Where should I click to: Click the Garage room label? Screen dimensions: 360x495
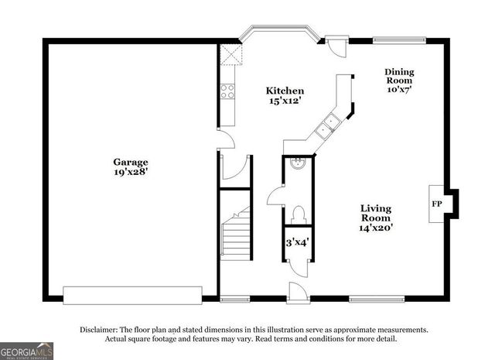tap(132, 162)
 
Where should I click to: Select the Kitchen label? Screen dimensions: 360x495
tap(285, 91)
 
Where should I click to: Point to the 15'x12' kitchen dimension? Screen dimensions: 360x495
tap(285, 101)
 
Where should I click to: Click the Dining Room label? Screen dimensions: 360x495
tap(400, 76)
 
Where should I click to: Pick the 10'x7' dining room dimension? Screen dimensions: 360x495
tap(400, 90)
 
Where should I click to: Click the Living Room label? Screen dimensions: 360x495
tap(377, 213)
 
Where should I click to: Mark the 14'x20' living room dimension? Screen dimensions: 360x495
tap(377, 228)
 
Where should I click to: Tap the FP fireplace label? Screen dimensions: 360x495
tap(436, 204)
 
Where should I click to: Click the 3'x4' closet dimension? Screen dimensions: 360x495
tap(298, 242)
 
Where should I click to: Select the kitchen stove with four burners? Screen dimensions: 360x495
tap(228, 92)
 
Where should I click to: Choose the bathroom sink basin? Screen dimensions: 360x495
tap(299, 163)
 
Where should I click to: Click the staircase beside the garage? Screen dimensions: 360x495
tap(235, 233)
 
